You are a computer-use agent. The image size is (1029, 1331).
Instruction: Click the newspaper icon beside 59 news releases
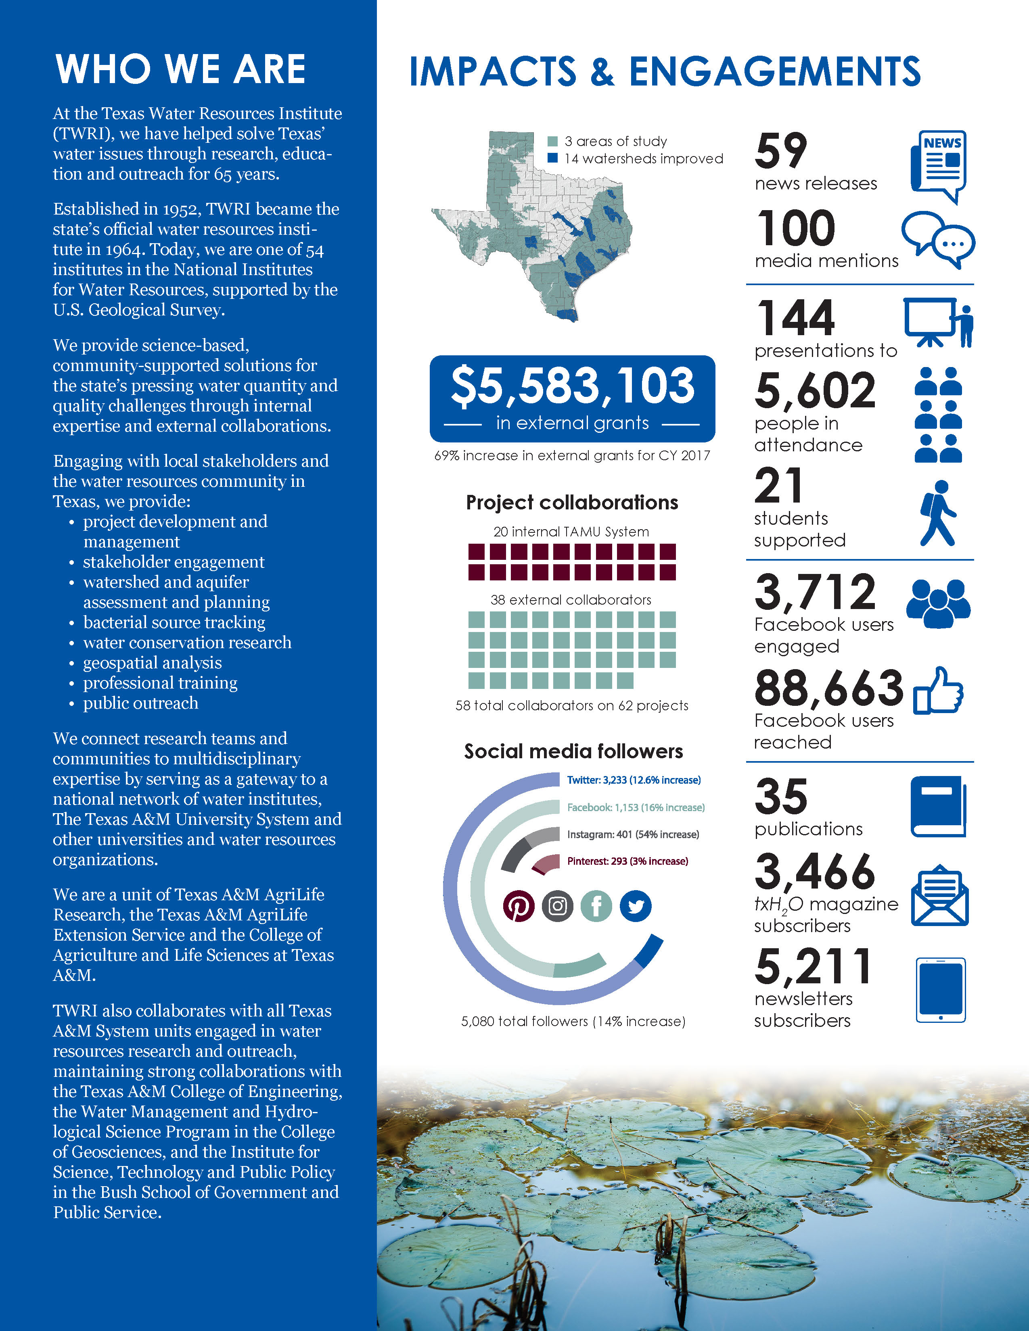tap(939, 166)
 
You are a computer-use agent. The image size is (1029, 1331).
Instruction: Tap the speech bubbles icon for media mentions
tap(937, 240)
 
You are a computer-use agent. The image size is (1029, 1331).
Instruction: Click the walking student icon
tap(937, 513)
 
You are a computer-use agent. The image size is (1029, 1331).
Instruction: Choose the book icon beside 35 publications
tap(937, 806)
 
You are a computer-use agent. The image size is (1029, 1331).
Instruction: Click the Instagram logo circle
tap(557, 906)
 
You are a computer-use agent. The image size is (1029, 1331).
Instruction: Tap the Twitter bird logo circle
tap(635, 906)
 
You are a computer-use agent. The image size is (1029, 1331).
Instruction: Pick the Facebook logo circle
tap(596, 906)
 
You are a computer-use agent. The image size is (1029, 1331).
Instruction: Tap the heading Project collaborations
tap(572, 502)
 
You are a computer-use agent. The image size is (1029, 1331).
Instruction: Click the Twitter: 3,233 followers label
tap(634, 780)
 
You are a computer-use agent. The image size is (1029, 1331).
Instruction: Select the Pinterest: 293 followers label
tap(627, 861)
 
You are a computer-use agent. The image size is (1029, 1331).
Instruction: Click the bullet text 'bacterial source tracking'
tap(174, 622)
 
